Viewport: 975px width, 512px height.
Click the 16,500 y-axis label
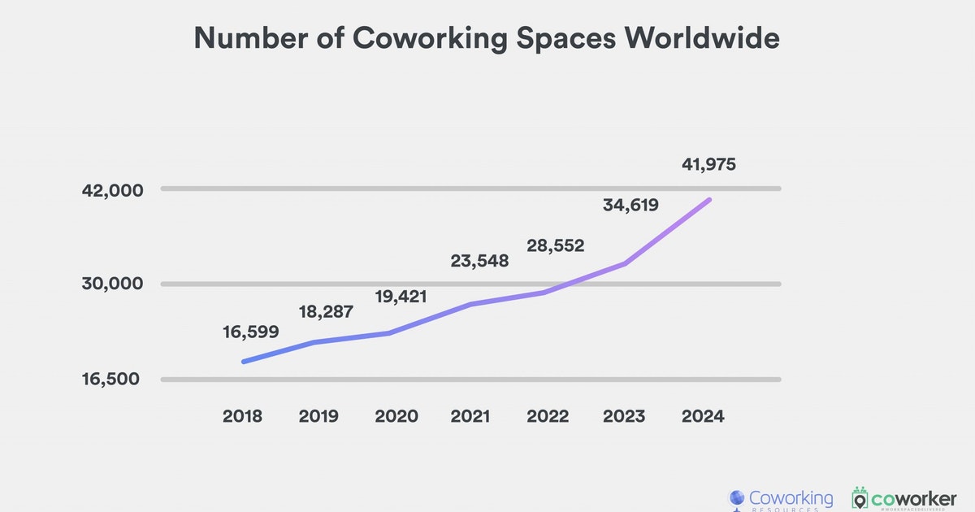(x=111, y=380)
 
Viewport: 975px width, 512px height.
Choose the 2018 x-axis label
(x=242, y=416)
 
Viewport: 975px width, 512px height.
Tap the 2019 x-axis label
(x=319, y=416)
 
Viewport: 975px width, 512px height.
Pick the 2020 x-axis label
(x=396, y=416)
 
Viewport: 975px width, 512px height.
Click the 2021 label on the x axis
(x=470, y=416)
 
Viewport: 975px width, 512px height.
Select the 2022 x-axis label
(x=548, y=416)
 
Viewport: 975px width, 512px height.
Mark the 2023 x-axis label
(x=624, y=416)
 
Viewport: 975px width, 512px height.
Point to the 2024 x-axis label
(x=701, y=416)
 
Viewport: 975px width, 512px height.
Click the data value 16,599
(x=251, y=332)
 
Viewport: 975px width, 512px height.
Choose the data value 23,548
(x=479, y=261)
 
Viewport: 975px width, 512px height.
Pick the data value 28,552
(x=556, y=245)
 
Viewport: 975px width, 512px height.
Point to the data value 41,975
(x=708, y=164)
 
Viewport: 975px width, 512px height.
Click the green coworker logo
(x=903, y=498)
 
